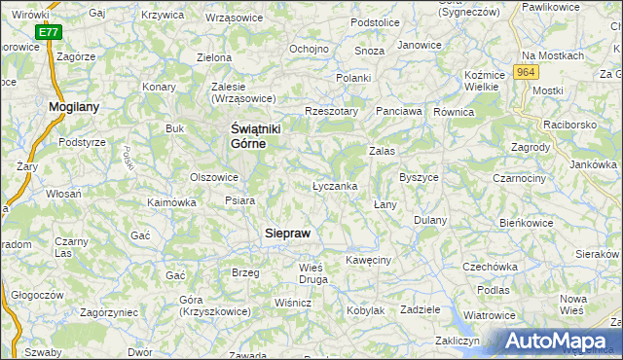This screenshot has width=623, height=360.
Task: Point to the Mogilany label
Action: pos(74,106)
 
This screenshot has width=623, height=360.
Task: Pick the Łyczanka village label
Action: pos(335,186)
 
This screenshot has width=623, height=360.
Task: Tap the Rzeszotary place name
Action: pos(332,111)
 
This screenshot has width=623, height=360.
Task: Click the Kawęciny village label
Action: pos(368,260)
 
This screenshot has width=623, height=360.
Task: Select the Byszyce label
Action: pos(420,178)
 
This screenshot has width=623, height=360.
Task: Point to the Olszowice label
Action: pos(214,177)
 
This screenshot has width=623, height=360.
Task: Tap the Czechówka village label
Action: pos(489,267)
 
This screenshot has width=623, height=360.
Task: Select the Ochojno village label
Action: pos(309,49)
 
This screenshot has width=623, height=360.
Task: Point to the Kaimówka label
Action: pos(171,202)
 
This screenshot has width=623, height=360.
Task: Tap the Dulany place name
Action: pos(429,220)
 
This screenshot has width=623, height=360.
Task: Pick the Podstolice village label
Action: pos(376,21)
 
